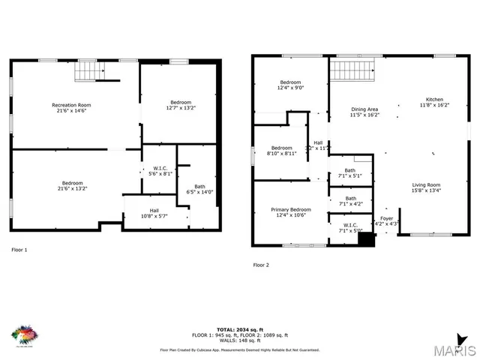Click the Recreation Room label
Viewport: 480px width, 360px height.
[x=71, y=107]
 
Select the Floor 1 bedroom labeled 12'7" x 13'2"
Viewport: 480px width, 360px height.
[x=180, y=105]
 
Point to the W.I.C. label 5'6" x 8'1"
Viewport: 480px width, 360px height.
[x=160, y=170]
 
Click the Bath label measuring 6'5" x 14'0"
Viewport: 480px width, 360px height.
[x=199, y=189]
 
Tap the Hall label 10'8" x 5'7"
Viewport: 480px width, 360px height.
[x=154, y=213]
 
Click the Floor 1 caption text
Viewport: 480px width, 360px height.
[x=19, y=249]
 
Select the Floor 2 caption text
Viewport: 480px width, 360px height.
[x=260, y=265]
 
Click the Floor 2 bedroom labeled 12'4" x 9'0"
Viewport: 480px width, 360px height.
[x=291, y=85]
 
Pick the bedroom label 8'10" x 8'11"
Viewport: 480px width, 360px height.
[x=281, y=150]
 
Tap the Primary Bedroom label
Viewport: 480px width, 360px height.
[x=290, y=212]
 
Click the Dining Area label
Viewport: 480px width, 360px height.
[x=364, y=112]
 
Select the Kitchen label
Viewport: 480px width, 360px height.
[x=434, y=103]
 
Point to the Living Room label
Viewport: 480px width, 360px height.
[x=426, y=187]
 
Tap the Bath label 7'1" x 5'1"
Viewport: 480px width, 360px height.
[x=351, y=173]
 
